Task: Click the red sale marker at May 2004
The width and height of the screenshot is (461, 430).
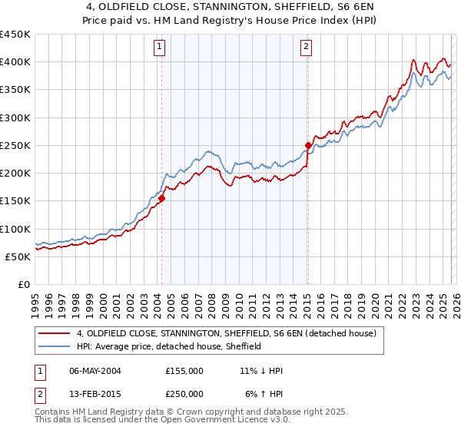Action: pyautogui.click(x=162, y=198)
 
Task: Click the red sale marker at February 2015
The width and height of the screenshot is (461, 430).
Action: pyautogui.click(x=308, y=145)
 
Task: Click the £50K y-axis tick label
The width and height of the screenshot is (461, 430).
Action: pyautogui.click(x=19, y=256)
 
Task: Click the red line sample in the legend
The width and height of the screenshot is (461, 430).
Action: pyautogui.click(x=55, y=333)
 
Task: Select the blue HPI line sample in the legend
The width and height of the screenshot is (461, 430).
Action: pyautogui.click(x=55, y=346)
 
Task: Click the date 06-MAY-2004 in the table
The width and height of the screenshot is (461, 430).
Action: pyautogui.click(x=95, y=371)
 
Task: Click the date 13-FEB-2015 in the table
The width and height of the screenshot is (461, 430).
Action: pyautogui.click(x=95, y=393)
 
